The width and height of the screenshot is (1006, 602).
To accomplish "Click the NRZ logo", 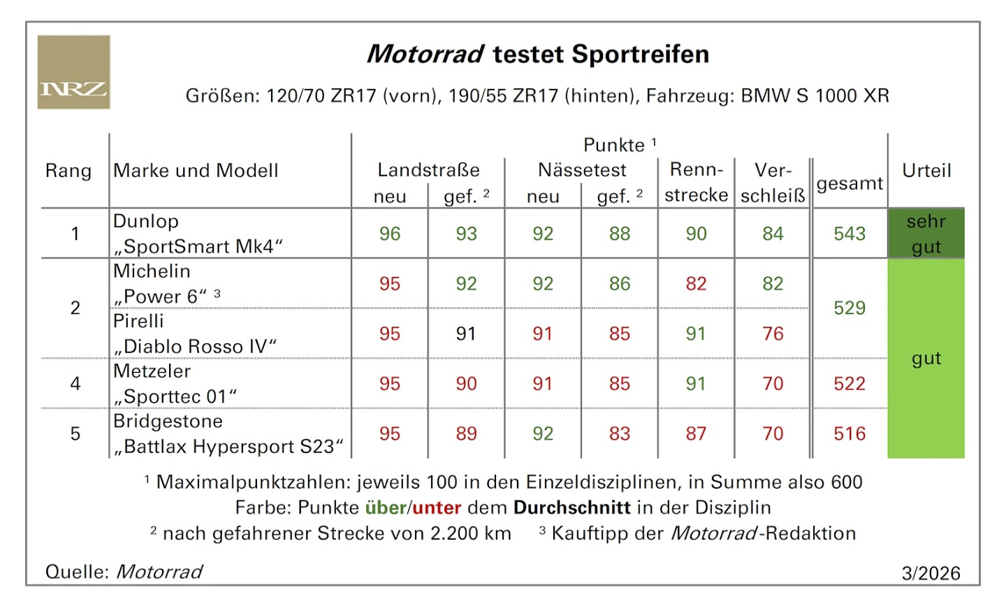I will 73,72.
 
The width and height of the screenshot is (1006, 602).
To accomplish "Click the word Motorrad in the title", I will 425,54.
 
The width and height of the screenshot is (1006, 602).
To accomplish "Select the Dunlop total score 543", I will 849,234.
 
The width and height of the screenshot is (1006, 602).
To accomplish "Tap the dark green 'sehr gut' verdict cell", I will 926,234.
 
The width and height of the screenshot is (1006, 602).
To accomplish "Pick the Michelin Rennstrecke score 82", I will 696,284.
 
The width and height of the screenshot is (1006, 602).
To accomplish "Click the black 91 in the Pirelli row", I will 466,334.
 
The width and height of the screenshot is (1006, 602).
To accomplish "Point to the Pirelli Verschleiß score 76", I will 773,334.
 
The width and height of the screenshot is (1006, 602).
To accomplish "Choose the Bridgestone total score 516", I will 849,433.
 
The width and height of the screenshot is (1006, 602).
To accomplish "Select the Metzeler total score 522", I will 849,383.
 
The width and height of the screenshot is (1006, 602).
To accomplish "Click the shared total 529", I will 849,308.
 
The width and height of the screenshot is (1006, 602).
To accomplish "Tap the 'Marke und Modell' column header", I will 196,171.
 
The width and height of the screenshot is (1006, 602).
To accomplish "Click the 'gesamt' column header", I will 849,183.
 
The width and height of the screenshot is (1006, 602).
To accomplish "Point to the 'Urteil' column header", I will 926,171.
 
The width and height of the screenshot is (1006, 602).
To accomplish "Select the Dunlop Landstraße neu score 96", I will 390,234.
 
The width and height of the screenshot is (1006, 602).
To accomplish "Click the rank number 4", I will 75,383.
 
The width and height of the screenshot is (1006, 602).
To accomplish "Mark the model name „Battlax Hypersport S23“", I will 229,447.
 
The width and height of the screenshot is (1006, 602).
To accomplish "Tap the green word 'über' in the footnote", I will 386,508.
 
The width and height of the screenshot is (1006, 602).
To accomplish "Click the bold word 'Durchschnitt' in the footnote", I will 571,508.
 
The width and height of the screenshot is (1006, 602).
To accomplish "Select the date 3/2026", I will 931,573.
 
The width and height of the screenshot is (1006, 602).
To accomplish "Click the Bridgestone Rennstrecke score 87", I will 696,433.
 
